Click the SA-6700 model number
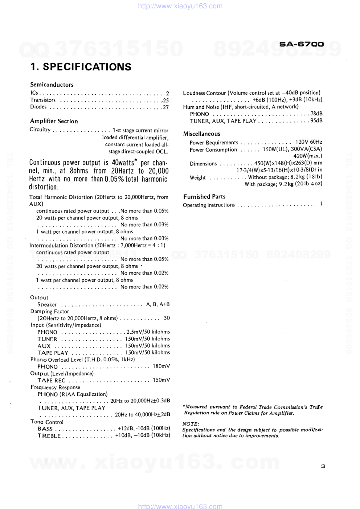(301, 44)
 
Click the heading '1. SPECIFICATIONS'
(81, 67)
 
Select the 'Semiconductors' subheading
(52, 85)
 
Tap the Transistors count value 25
(166, 100)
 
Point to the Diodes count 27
(165, 107)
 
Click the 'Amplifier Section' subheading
(54, 121)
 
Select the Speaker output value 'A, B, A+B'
(158, 304)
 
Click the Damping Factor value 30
(167, 318)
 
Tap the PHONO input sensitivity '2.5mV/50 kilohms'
(148, 332)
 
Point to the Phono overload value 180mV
(161, 366)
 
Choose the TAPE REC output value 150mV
(161, 380)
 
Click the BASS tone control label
(45, 429)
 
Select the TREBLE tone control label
(49, 436)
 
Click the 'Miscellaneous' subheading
(202, 134)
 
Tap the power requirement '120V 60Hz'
(308, 142)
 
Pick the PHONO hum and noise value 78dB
(316, 114)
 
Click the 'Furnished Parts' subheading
(204, 197)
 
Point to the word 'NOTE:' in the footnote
(191, 424)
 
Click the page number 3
(323, 466)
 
